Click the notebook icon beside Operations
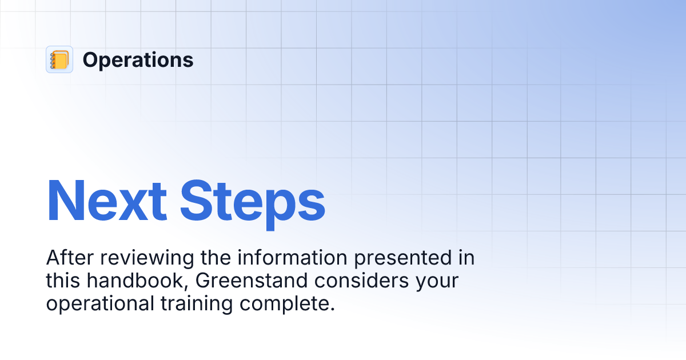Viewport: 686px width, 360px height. pos(59,59)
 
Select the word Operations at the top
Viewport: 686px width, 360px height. pos(138,60)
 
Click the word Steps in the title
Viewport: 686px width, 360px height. pos(252,201)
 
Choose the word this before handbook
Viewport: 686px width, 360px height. pos(63,281)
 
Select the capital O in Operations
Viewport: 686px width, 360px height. pos(90,60)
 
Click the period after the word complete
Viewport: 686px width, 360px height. pos(332,309)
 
